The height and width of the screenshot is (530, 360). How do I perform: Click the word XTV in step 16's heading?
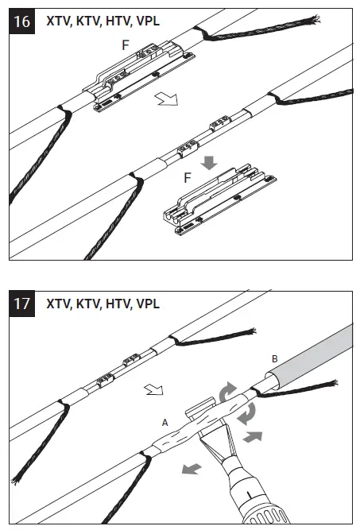click(x=59, y=21)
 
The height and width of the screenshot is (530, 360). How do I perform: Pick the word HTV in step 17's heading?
click(x=117, y=303)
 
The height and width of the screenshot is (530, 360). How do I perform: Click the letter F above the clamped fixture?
click(x=125, y=47)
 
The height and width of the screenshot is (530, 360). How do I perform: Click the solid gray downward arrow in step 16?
click(x=209, y=163)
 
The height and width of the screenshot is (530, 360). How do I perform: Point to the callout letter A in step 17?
click(x=165, y=424)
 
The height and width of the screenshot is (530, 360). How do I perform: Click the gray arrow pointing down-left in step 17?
click(x=188, y=468)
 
